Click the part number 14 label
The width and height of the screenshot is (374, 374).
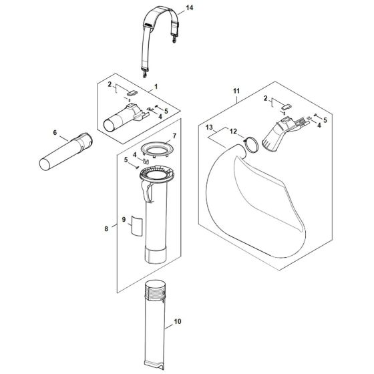(190, 7)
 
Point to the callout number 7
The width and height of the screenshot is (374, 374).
(174, 136)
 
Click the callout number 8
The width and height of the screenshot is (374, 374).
(107, 229)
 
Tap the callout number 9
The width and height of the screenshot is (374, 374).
(123, 218)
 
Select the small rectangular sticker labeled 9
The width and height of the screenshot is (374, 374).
(137, 225)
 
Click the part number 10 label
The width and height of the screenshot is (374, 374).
(177, 322)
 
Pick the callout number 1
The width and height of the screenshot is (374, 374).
(156, 87)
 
